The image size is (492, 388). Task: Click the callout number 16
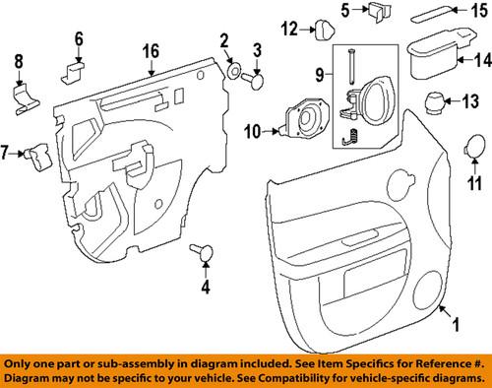click(x=151, y=51)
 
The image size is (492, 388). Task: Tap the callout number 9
click(x=320, y=74)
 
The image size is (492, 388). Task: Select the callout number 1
click(x=456, y=324)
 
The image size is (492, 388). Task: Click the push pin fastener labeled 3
click(x=254, y=81)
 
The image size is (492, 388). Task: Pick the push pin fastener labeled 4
click(x=202, y=252)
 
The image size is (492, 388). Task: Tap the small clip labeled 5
click(x=379, y=13)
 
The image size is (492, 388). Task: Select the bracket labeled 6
click(x=73, y=73)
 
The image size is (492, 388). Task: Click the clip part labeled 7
click(x=39, y=157)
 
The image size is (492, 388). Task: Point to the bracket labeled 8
click(x=26, y=100)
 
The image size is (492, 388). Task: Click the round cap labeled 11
click(x=473, y=146)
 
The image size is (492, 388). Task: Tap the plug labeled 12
click(x=325, y=30)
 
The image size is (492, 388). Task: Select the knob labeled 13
click(x=436, y=103)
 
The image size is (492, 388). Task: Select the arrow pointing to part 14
click(x=464, y=60)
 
